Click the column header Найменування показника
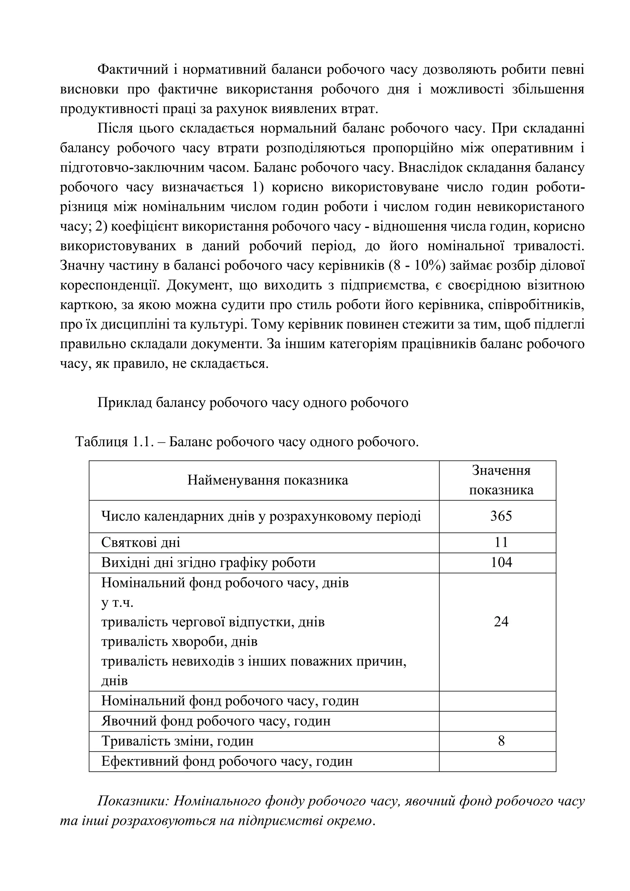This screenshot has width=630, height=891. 268,481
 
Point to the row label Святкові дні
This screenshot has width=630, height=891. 141,542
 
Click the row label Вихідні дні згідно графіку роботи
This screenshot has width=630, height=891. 208,563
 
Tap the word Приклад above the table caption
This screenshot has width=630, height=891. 124,403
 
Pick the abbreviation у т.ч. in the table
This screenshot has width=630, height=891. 117,603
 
